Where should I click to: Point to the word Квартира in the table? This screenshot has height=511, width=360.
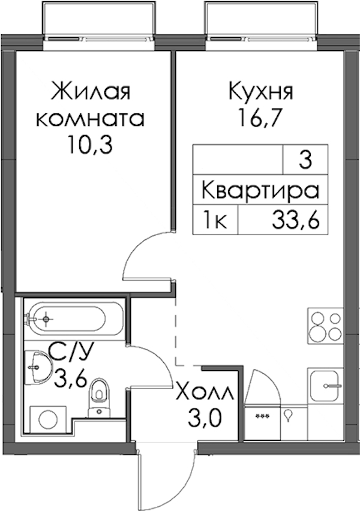point(260,191)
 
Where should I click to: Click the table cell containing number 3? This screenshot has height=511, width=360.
point(305,160)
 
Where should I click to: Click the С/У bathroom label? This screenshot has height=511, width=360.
point(71,353)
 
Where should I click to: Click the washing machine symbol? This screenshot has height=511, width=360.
point(48,419)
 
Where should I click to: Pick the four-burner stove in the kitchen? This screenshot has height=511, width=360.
point(325,326)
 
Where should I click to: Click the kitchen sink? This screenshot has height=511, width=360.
point(325,386)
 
